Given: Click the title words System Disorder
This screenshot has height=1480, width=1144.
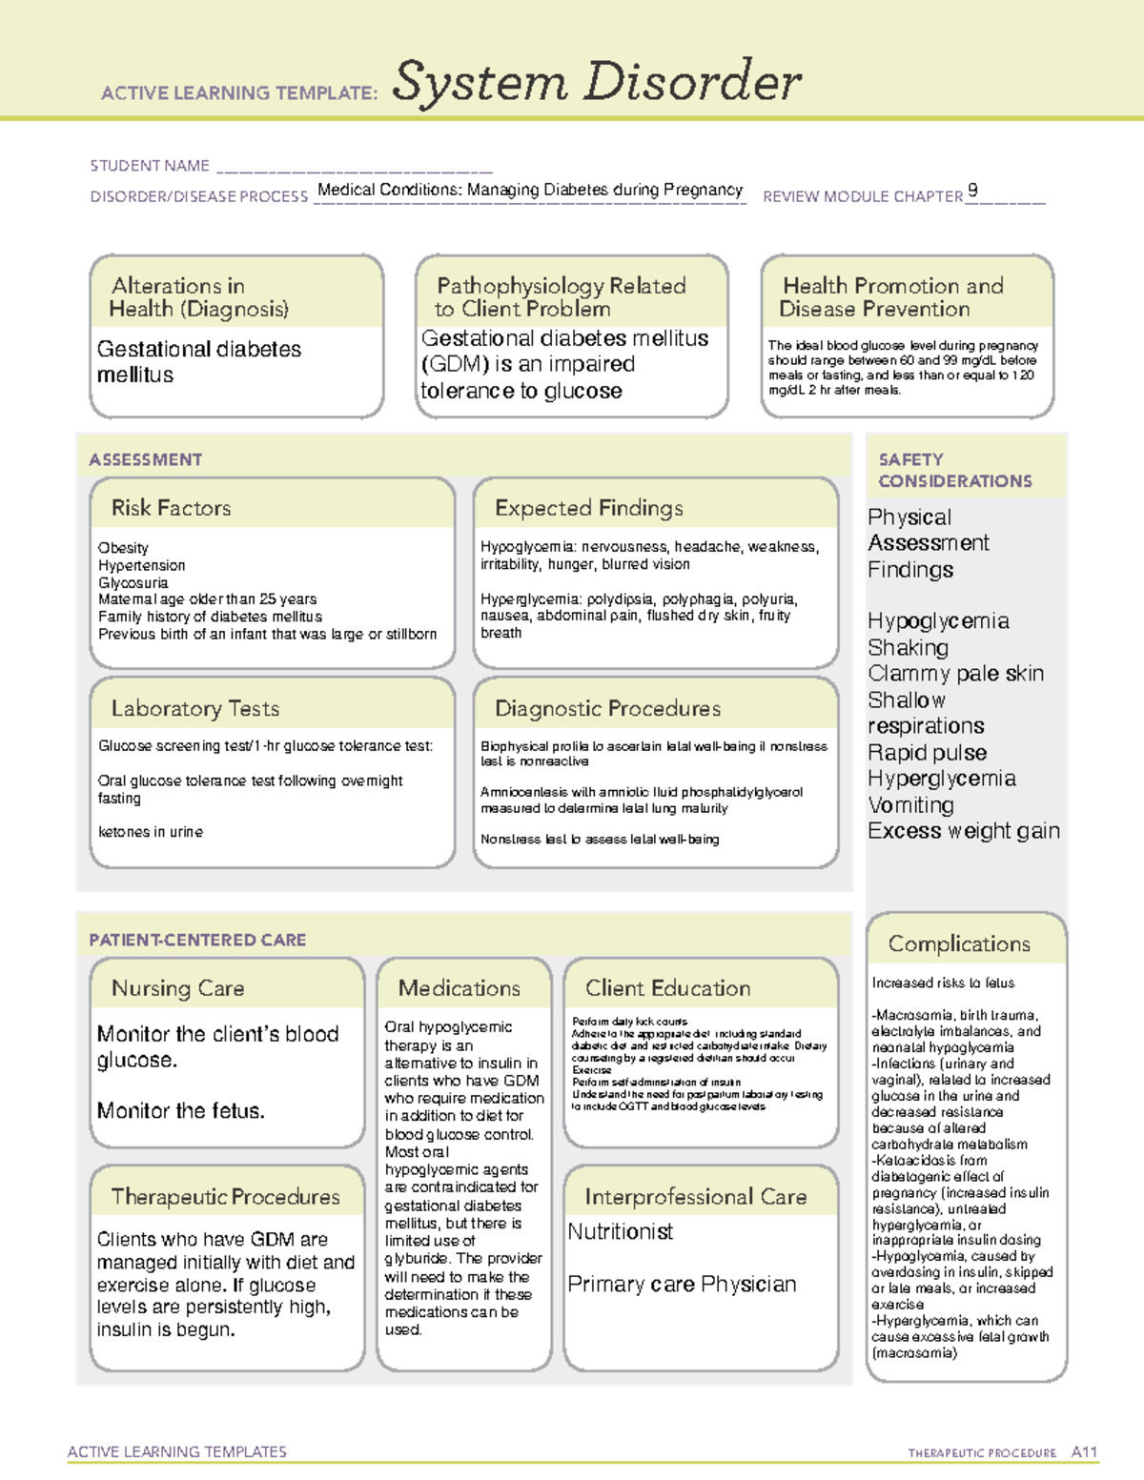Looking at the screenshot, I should [x=597, y=82].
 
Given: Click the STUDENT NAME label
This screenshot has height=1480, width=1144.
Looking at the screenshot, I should [x=150, y=166].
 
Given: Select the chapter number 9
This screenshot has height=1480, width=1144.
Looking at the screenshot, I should [x=972, y=190].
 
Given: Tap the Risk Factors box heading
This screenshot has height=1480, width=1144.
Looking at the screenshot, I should [x=172, y=508].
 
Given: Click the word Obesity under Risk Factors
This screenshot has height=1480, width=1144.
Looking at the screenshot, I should [x=123, y=548].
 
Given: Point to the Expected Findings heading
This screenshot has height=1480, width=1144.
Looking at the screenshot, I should [x=589, y=508].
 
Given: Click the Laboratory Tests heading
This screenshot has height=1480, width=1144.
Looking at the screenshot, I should [x=195, y=708].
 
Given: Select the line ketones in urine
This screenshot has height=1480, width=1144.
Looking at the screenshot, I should [x=151, y=832].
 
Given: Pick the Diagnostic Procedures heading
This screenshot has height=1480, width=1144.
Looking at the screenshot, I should [x=607, y=708].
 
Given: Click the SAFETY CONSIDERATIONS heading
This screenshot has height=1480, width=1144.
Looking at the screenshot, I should [x=954, y=471].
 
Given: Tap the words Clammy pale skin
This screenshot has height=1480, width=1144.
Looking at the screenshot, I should [x=955, y=674].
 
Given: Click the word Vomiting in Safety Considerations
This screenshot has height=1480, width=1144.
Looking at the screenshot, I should [x=910, y=805].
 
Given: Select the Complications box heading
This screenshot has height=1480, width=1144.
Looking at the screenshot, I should [x=959, y=943].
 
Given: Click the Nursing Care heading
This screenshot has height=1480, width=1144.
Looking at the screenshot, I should [x=178, y=988].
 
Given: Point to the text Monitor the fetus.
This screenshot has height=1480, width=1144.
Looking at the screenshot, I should [x=181, y=1111].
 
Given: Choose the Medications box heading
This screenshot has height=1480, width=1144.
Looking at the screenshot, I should [x=460, y=988].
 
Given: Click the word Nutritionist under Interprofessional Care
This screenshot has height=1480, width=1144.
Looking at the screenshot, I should [x=621, y=1232].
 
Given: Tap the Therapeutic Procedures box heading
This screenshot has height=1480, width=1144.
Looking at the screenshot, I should [x=226, y=1196].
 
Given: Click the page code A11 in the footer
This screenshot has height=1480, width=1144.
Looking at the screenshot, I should [x=1084, y=1452].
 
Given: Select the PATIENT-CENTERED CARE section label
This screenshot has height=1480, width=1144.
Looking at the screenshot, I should [x=197, y=940].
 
